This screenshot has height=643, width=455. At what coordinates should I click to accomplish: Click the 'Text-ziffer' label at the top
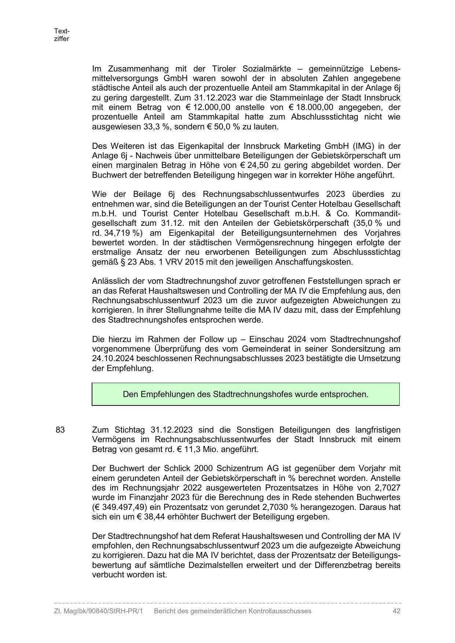coord(62,35)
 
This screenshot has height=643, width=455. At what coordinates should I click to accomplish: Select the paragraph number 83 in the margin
coord(60,430)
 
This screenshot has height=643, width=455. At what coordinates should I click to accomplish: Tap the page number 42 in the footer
coord(396,611)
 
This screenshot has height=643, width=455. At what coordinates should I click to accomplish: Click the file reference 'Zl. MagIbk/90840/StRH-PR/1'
coord(98,611)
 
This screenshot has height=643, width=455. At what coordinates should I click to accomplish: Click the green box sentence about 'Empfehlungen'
coord(245,394)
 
